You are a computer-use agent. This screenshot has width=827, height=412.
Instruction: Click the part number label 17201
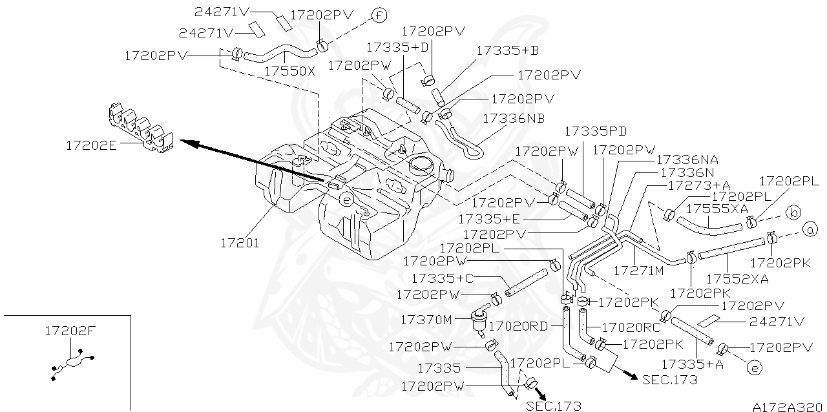click(239, 243)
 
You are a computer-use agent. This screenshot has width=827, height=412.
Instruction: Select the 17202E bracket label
click(90, 145)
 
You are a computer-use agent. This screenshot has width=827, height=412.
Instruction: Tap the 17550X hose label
click(289, 71)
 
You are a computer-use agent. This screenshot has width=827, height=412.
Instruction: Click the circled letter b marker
click(793, 212)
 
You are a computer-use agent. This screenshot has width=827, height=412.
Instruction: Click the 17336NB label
click(514, 118)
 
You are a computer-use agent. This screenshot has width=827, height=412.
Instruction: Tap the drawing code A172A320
click(788, 407)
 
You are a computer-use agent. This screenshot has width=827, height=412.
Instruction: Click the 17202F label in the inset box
click(70, 331)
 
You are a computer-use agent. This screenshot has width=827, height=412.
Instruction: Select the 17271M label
click(638, 271)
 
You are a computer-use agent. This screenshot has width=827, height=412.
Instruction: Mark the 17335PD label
click(596, 131)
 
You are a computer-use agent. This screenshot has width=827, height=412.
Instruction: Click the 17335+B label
click(508, 50)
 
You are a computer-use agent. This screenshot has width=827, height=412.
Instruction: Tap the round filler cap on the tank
click(420, 163)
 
